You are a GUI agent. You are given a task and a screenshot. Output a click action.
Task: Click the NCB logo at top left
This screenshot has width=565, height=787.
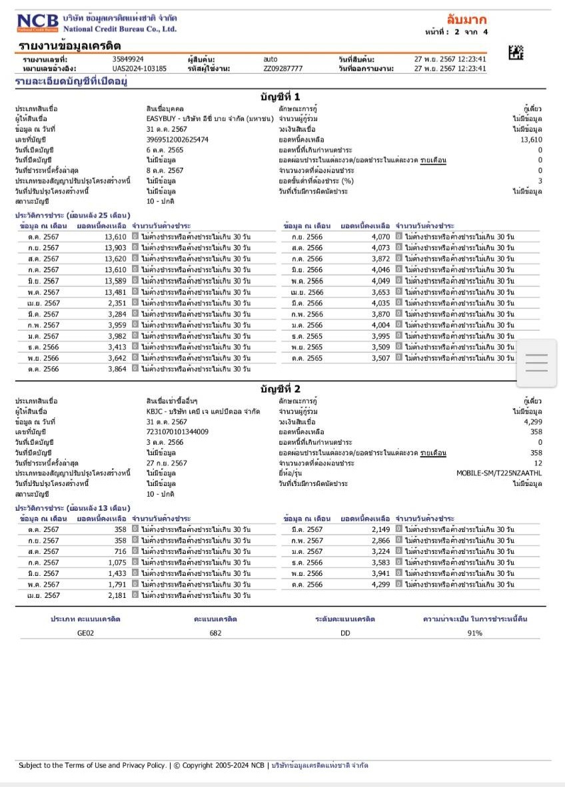[39, 23]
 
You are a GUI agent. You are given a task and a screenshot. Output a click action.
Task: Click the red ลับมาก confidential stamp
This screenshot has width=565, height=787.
[466, 19]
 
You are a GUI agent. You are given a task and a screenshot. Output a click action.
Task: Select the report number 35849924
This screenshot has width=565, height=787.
[128, 59]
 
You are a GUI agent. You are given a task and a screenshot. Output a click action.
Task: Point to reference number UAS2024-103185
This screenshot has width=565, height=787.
[139, 68]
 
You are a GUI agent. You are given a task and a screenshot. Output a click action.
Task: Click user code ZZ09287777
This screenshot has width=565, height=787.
[282, 68]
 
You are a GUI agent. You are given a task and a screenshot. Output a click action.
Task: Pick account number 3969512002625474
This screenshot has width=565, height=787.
[177, 139]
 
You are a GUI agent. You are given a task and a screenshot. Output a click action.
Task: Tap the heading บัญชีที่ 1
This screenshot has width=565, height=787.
[280, 97]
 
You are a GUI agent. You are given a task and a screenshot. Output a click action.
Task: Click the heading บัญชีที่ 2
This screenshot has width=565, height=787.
[280, 388]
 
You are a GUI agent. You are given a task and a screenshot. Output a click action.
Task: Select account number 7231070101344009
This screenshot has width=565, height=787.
[177, 431]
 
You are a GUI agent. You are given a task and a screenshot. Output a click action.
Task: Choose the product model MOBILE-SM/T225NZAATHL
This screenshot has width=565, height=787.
[499, 473]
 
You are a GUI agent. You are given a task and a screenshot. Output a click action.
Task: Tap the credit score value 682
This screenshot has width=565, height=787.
[215, 633]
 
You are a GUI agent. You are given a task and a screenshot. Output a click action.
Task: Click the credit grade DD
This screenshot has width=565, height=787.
[345, 633]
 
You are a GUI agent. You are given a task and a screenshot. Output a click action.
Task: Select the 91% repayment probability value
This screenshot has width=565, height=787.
[474, 633]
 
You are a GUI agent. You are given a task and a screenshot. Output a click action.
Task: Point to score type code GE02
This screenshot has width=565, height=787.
[86, 633]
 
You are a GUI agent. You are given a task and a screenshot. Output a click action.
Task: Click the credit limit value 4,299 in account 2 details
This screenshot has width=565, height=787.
[533, 421]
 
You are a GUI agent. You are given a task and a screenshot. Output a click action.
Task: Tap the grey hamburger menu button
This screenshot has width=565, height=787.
[536, 363]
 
